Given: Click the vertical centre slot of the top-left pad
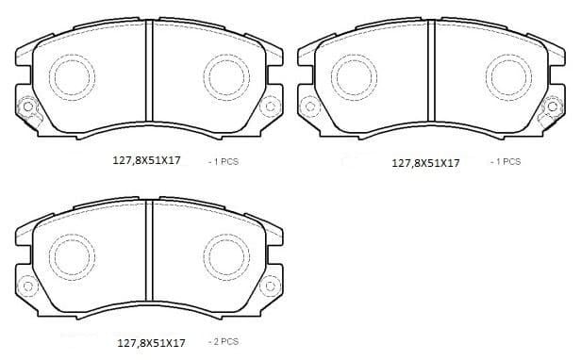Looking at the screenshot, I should pos(148,75).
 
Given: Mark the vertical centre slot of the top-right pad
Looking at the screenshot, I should pos(429,75).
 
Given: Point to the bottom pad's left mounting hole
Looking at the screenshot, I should pos(25,283).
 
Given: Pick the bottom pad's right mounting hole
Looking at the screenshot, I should pos(271,283).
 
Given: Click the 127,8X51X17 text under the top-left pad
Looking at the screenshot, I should pos(146,161).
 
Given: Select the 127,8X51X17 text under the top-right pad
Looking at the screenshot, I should pos(425,162).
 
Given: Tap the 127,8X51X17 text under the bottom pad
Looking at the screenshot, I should pos(151,343).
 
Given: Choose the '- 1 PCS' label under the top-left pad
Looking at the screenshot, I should pos(224,161).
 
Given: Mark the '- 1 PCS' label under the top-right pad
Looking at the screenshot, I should pos(506,161).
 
